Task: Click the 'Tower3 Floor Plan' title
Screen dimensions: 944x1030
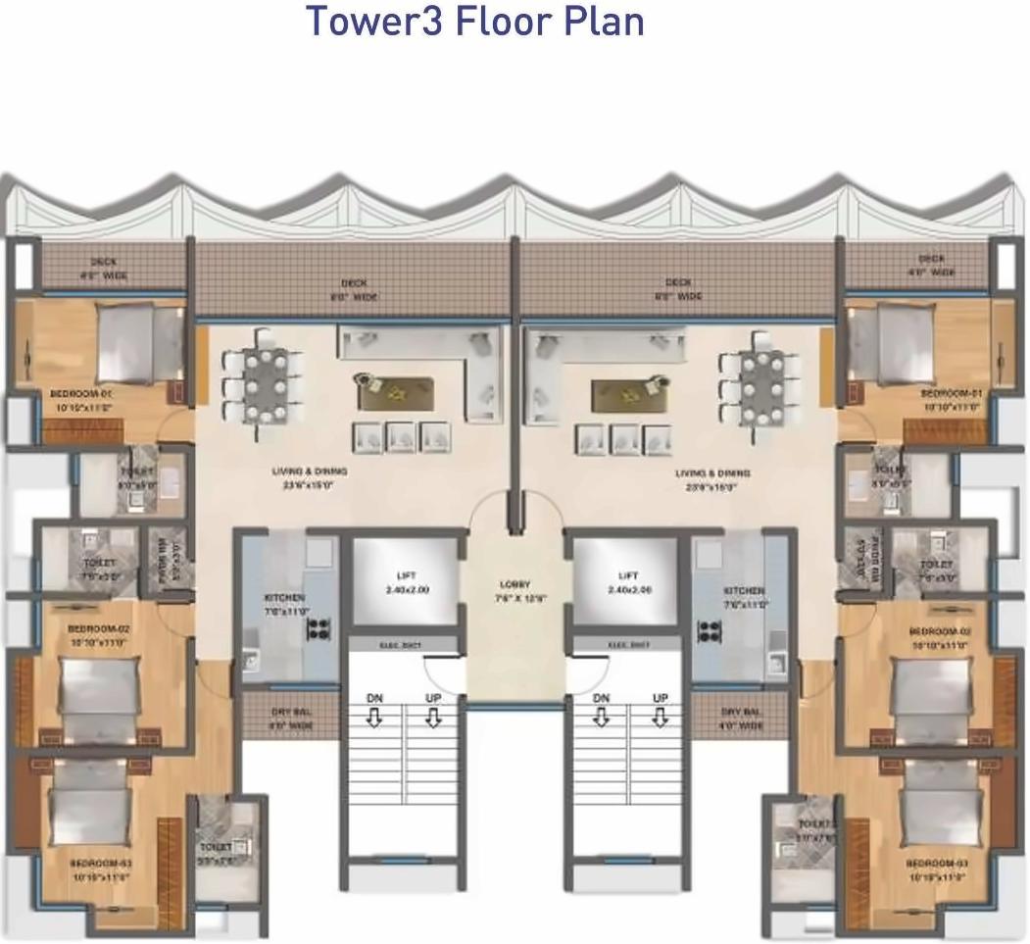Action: pyautogui.click(x=475, y=22)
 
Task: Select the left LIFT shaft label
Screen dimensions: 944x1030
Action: pyautogui.click(x=407, y=582)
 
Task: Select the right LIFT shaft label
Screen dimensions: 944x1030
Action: pyautogui.click(x=628, y=582)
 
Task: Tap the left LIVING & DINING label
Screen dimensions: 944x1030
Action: pyautogui.click(x=310, y=477)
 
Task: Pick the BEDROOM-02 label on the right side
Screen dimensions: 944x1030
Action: pyautogui.click(x=939, y=638)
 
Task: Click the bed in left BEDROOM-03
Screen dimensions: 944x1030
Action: pyautogui.click(x=90, y=804)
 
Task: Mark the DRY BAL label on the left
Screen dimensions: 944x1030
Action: pyautogui.click(x=290, y=719)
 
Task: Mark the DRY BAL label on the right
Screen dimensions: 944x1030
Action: pyautogui.click(x=741, y=719)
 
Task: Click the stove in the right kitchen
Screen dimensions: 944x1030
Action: pyautogui.click(x=709, y=630)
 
